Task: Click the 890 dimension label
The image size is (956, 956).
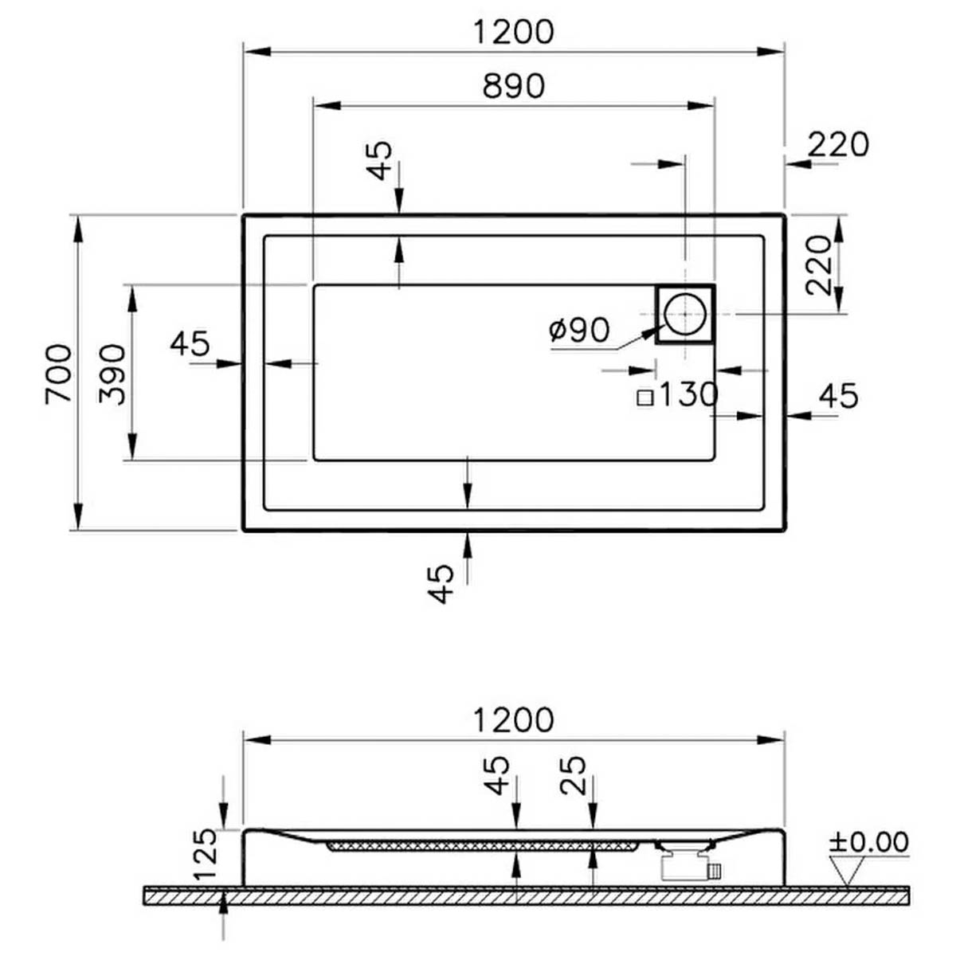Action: point(513,85)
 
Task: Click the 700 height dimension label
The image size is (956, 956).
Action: point(58,374)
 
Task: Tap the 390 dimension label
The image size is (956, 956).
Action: point(112,374)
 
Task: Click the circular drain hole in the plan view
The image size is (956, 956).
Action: point(684,314)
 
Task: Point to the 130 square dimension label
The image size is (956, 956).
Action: point(690,394)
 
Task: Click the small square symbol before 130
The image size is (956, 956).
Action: point(645,398)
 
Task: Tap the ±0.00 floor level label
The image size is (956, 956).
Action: point(868,841)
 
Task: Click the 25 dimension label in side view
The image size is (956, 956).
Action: point(573,775)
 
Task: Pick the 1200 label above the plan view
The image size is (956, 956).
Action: point(513,32)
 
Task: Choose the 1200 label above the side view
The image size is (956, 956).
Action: point(513,720)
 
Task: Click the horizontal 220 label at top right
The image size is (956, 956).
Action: point(838,144)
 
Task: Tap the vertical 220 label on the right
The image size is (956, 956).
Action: point(818,265)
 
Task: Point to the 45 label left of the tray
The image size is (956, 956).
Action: point(190,343)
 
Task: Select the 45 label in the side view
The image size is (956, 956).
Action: point(496,775)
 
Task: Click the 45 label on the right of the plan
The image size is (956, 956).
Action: point(838,396)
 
